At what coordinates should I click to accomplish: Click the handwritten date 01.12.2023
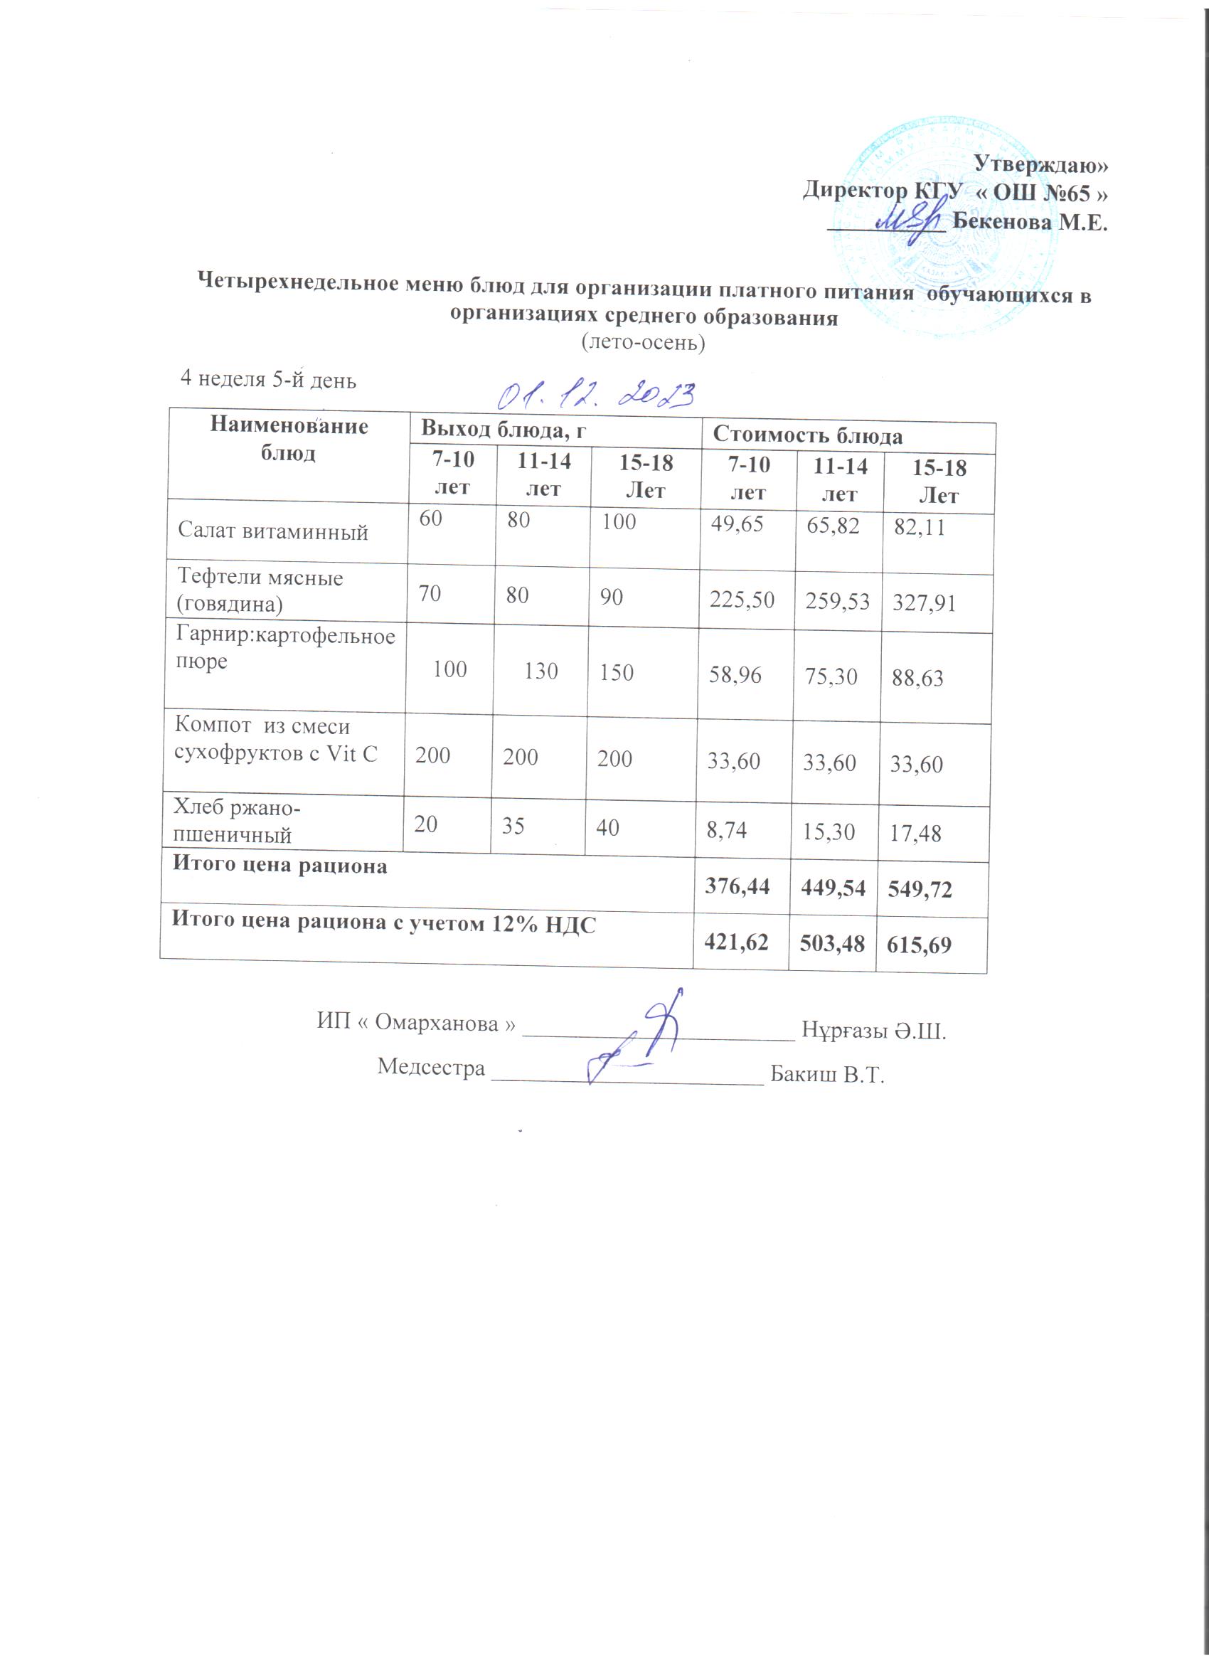pos(595,397)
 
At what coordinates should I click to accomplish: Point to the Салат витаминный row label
pos(273,531)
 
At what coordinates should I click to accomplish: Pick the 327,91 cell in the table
pos(924,603)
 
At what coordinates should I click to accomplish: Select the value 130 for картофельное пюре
pos(541,671)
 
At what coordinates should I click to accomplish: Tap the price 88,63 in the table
pos(917,679)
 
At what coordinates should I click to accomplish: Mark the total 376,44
pos(737,886)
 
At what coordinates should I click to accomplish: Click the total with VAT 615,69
pos(920,946)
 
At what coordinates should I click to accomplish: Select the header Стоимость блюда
pos(808,436)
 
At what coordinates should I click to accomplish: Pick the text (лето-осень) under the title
pos(643,342)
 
